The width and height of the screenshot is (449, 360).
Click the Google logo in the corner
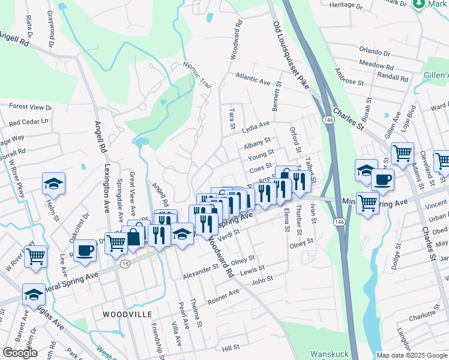(20, 353)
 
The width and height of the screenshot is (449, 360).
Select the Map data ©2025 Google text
(412, 355)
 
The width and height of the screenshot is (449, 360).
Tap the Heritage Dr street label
(347, 6)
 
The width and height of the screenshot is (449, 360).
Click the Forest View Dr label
(31, 107)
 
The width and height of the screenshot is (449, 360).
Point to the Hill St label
(231, 347)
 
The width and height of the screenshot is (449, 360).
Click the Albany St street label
(259, 146)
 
